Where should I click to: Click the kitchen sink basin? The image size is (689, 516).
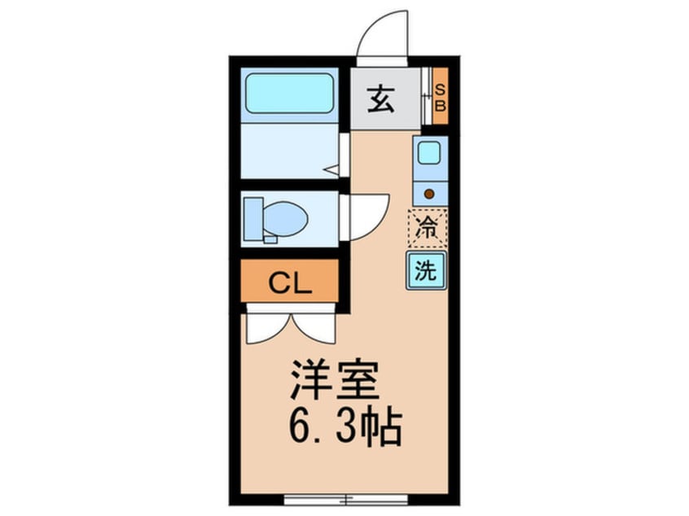click(x=429, y=152)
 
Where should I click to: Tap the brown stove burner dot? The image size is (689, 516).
click(x=429, y=194)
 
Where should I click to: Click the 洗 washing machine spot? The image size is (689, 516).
click(x=427, y=271)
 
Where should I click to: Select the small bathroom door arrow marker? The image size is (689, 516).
click(x=332, y=170)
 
